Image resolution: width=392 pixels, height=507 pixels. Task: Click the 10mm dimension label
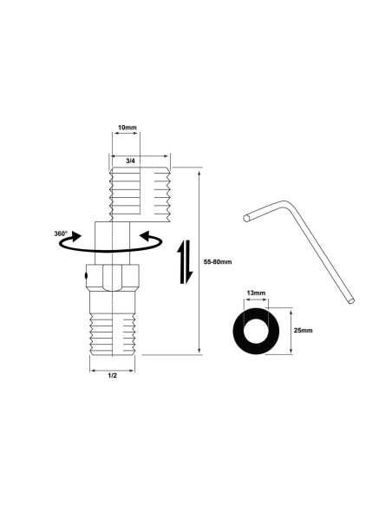coord(126,128)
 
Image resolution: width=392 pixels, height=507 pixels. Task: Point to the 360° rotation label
coord(61,234)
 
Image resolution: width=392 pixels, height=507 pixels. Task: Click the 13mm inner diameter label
coord(257,294)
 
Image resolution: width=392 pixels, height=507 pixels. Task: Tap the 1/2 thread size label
coord(113,375)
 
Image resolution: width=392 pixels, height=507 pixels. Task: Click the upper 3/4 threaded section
coord(139,194)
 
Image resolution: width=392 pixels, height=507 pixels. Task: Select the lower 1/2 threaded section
coord(113,330)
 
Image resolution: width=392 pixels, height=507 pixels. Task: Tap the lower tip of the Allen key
coord(351,300)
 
